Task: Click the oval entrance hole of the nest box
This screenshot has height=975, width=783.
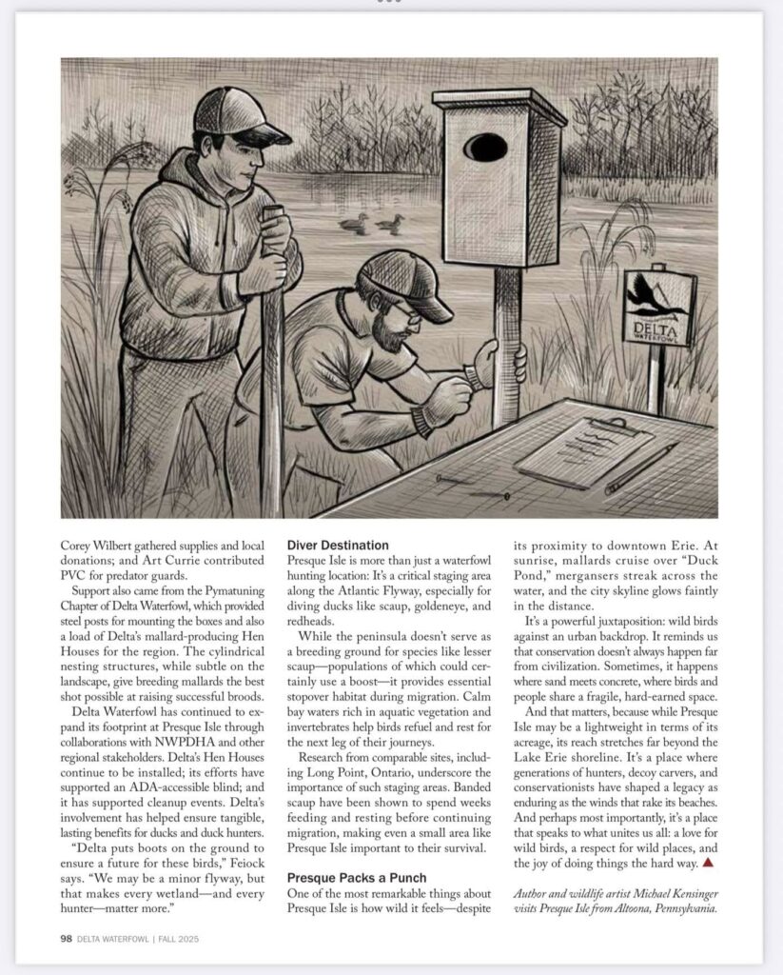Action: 485,148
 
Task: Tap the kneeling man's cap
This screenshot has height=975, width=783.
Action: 407,283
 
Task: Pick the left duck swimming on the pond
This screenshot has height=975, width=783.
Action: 354,225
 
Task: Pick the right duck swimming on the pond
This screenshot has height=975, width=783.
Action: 388,225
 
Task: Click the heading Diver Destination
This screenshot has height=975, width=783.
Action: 338,546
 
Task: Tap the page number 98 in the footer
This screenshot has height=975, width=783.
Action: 67,939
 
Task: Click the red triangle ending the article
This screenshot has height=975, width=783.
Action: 707,863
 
